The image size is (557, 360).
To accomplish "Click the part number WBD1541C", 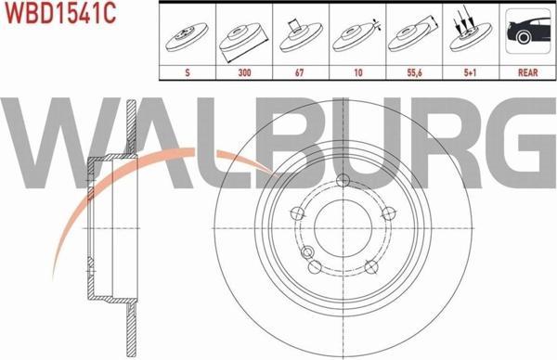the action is (x=59, y=13).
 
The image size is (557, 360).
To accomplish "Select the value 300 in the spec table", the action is (x=244, y=72).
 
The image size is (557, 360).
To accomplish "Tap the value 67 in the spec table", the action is (x=300, y=72).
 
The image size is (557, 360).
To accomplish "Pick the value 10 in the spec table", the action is (x=358, y=72).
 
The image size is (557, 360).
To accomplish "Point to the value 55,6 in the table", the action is (x=414, y=72).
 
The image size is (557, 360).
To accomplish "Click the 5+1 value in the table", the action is (x=470, y=72).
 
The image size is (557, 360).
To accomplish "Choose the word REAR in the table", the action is (x=528, y=72).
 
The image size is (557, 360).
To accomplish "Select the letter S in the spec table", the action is (x=188, y=72).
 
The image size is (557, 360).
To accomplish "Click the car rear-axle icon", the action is (x=528, y=32).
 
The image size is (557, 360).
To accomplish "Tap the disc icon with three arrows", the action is (x=470, y=33).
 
